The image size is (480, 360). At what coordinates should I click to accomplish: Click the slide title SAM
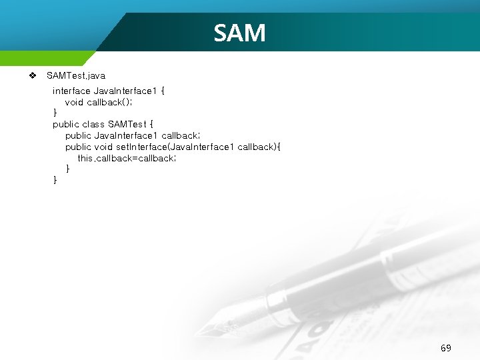point(239,33)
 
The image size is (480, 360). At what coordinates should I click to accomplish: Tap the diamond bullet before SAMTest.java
point(32,75)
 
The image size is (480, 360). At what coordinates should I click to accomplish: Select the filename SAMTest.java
point(76,76)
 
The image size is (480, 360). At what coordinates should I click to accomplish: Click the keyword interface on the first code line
point(71,91)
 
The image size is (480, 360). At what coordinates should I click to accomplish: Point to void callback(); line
point(99,102)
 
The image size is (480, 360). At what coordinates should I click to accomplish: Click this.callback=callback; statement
point(127,158)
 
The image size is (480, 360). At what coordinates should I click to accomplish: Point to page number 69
point(446,348)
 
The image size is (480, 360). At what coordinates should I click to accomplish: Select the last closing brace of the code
point(55,180)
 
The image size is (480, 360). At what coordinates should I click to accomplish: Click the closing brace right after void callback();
point(55,113)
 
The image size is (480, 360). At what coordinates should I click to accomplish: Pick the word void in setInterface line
point(103,147)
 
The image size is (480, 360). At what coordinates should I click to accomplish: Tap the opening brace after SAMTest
point(151,124)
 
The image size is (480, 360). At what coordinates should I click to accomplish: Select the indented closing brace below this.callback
point(67,169)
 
